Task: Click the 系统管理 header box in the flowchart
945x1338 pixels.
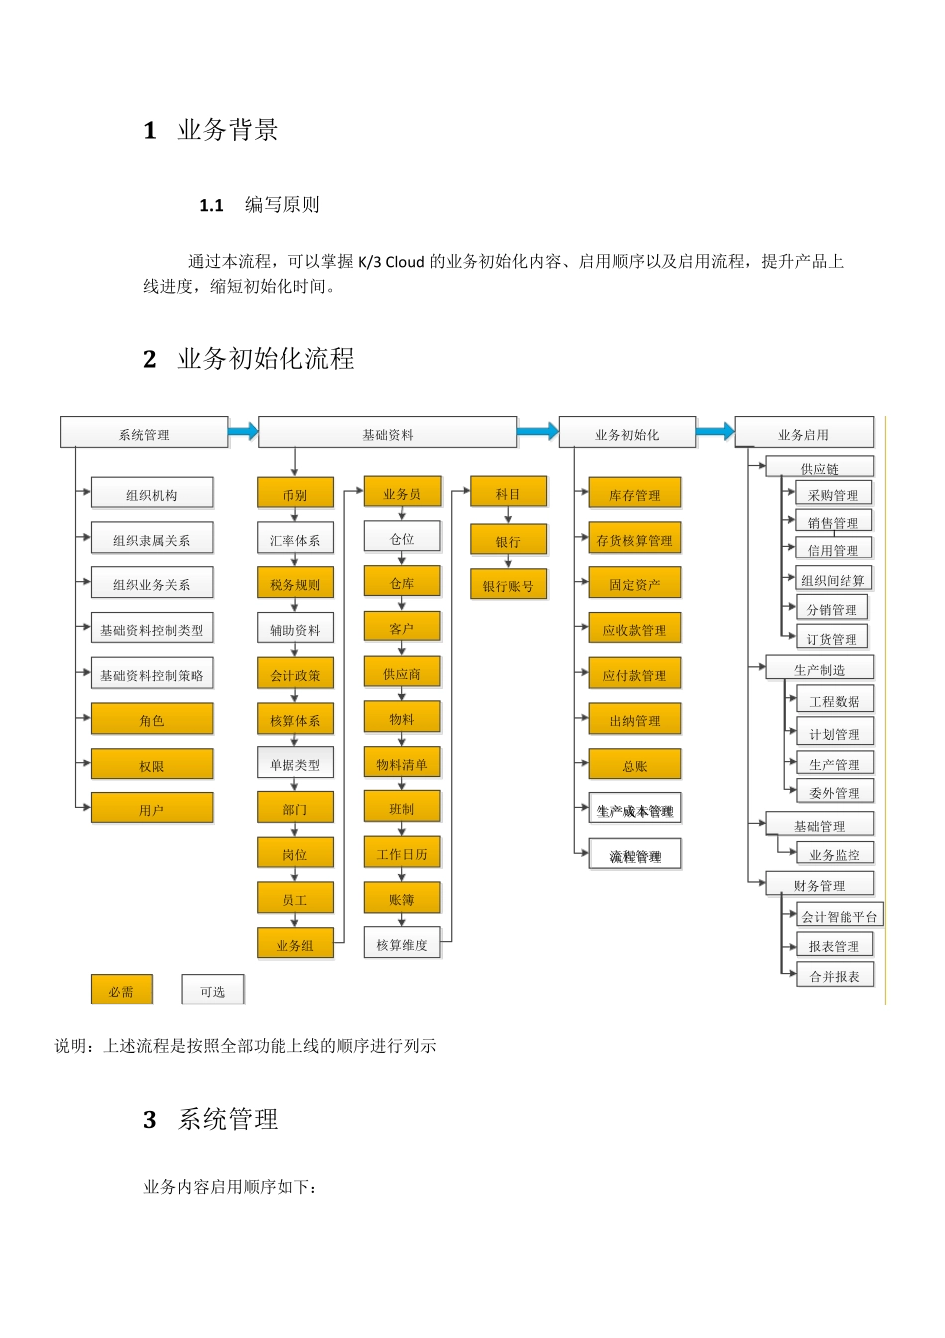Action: (x=144, y=433)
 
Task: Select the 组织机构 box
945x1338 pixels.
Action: (x=151, y=494)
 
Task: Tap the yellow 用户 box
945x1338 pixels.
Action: (x=151, y=809)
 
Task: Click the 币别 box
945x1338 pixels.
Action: (x=294, y=494)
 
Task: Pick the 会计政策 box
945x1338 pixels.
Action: (x=294, y=674)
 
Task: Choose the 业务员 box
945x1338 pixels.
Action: (x=402, y=493)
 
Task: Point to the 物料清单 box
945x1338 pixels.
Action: (x=402, y=764)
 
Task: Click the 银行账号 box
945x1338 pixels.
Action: (x=508, y=585)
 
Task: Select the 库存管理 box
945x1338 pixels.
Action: (x=635, y=494)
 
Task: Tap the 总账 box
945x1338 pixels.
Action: (x=635, y=765)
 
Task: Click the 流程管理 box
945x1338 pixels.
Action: (x=635, y=855)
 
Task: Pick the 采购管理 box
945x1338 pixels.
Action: (x=833, y=494)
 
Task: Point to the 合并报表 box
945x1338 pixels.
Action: (x=835, y=976)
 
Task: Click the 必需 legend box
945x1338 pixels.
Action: (x=121, y=991)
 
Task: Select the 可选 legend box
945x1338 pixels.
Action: (x=212, y=991)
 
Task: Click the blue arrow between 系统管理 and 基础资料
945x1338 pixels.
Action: (x=243, y=431)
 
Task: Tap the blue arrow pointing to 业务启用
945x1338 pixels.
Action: (x=715, y=431)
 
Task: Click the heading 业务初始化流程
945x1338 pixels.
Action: (x=266, y=359)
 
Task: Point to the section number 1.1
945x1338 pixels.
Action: (x=211, y=206)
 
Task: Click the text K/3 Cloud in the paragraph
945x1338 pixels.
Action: (x=391, y=262)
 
